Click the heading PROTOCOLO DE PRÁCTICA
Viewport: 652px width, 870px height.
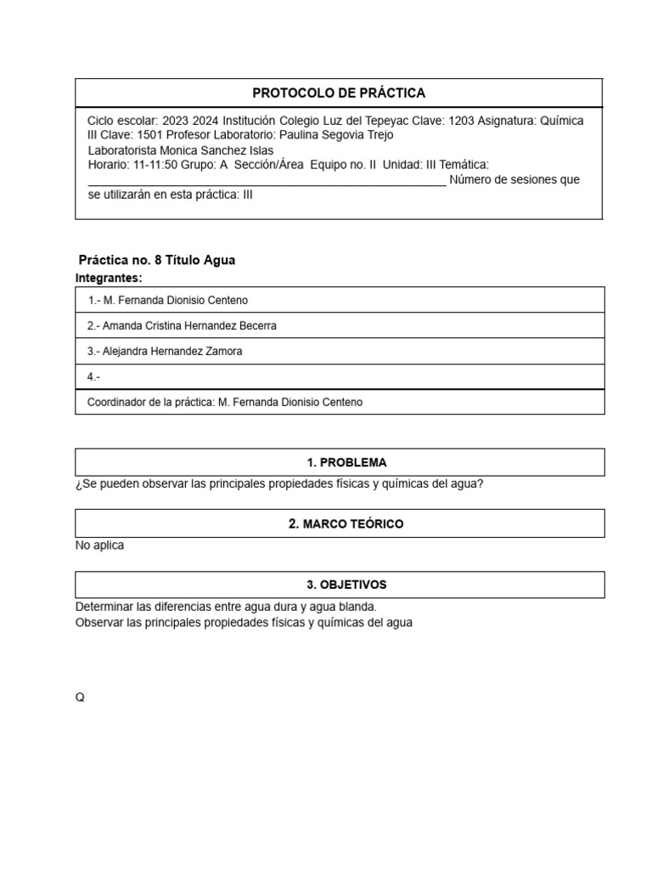pyautogui.click(x=339, y=93)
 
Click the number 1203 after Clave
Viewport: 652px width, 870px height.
pyautogui.click(x=461, y=121)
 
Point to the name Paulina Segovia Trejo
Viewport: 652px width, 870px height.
pyautogui.click(x=336, y=135)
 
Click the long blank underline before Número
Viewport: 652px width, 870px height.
pyautogui.click(x=267, y=182)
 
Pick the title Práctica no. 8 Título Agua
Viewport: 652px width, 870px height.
pyautogui.click(x=157, y=260)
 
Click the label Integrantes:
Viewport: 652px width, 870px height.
pyautogui.click(x=109, y=278)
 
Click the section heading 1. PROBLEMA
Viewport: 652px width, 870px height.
pyautogui.click(x=346, y=463)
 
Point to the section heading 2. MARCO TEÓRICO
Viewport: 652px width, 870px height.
pyautogui.click(x=346, y=524)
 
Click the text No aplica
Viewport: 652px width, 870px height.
pyautogui.click(x=99, y=545)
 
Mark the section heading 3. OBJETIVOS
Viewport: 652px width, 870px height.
pyautogui.click(x=346, y=585)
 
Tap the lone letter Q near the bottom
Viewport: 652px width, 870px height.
pyautogui.click(x=80, y=698)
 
